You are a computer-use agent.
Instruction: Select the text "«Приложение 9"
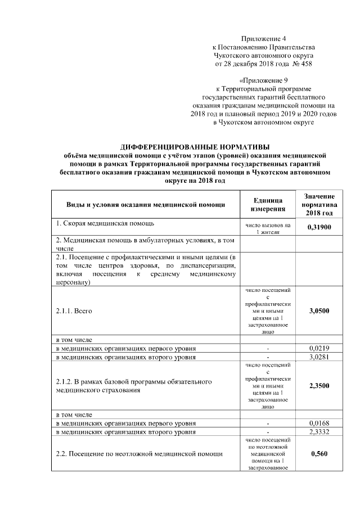264,80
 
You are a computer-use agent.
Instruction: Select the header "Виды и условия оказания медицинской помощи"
146,205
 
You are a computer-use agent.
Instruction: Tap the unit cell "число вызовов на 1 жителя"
267,228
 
